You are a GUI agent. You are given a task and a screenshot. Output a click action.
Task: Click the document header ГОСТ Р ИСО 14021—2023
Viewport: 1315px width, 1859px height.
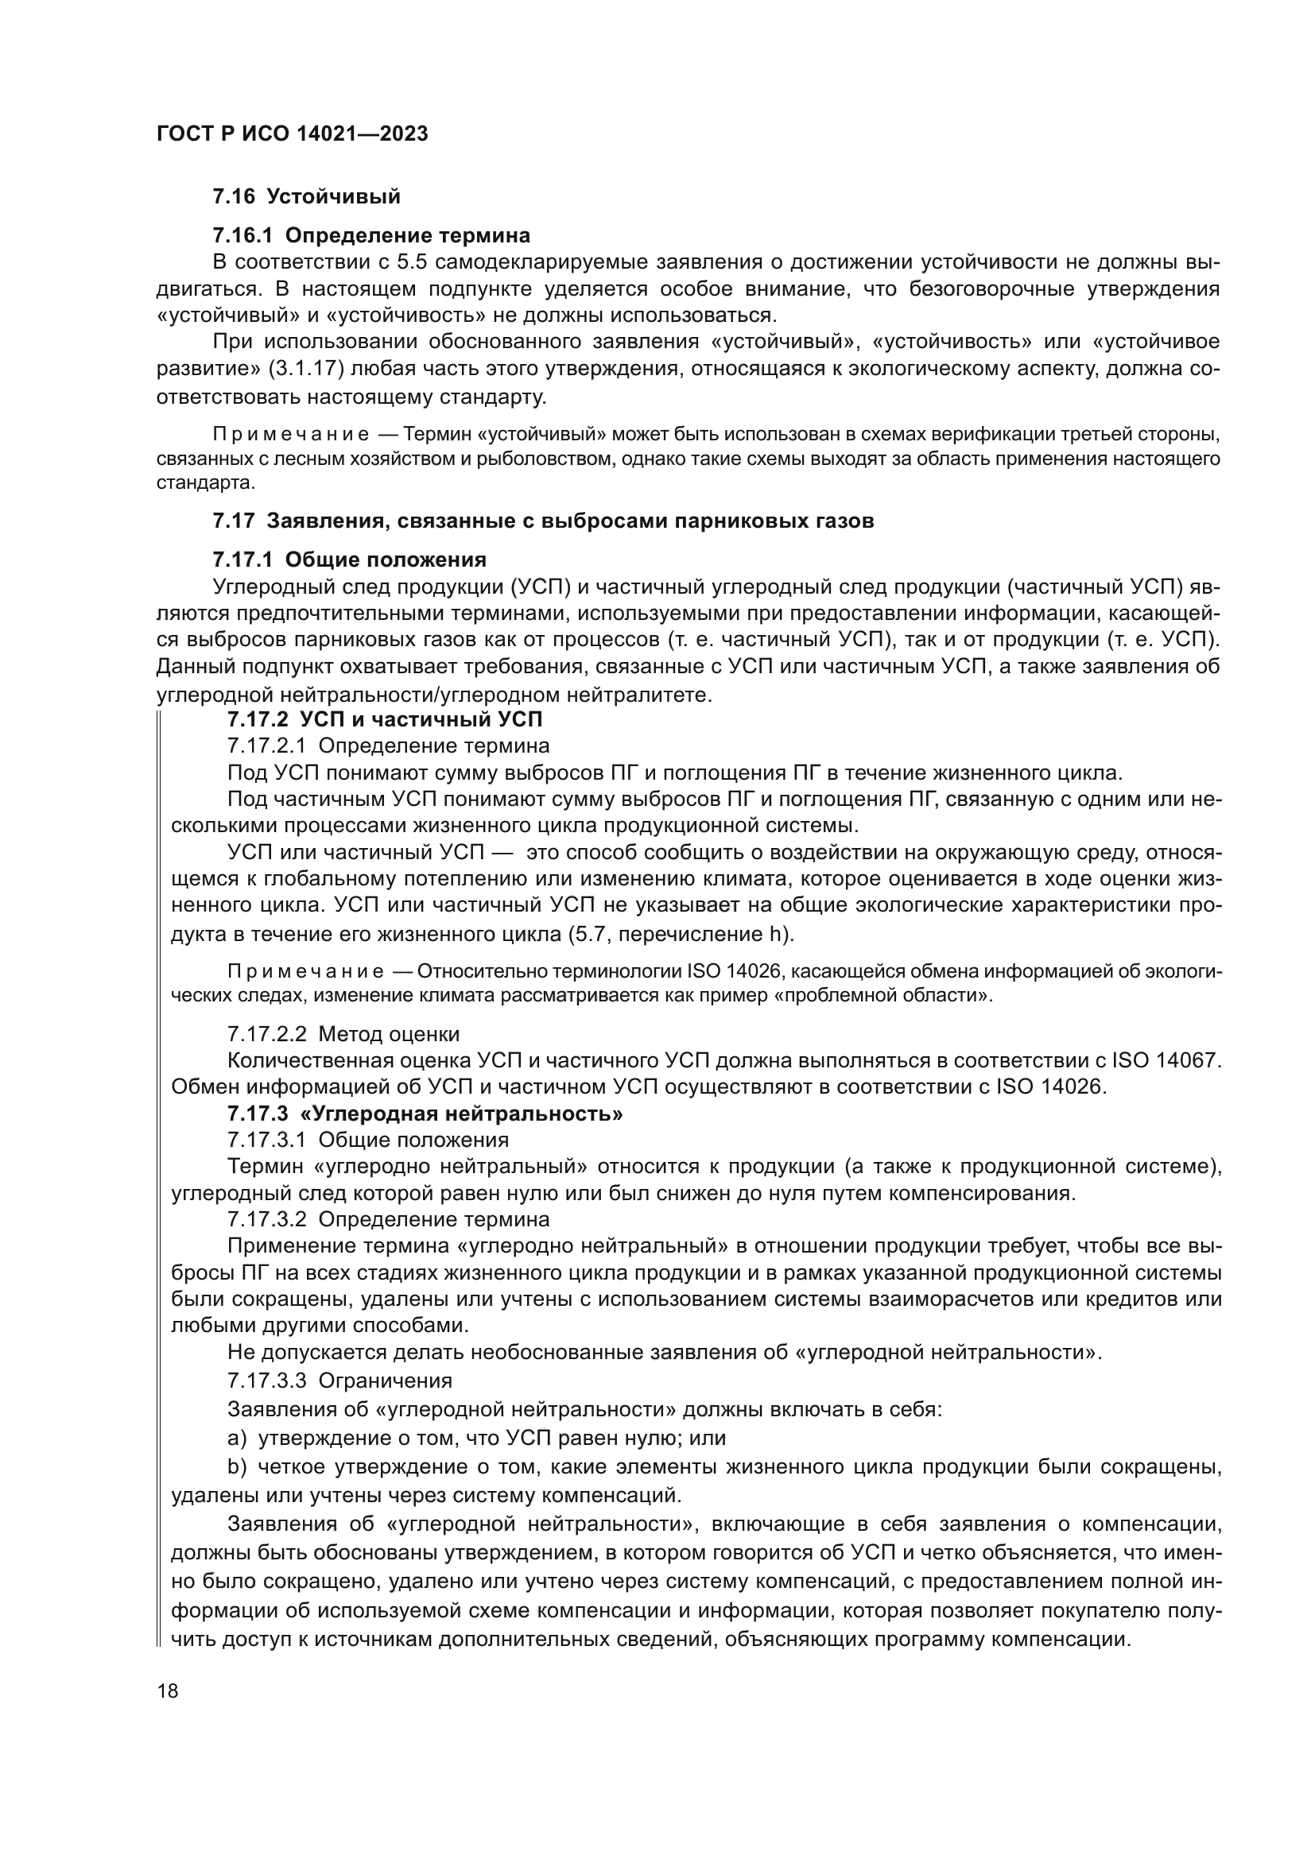tap(292, 134)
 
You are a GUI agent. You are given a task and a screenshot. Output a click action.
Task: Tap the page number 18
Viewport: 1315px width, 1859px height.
tap(168, 1691)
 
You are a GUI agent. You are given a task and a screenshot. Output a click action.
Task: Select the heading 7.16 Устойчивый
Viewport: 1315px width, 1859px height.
tap(306, 196)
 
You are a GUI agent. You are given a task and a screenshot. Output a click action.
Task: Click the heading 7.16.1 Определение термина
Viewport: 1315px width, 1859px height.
tap(370, 235)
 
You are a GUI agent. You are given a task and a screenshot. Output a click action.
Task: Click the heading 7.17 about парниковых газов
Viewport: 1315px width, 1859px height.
tap(542, 521)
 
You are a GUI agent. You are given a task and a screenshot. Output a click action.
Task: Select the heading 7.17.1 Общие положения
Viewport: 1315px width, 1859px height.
tap(349, 560)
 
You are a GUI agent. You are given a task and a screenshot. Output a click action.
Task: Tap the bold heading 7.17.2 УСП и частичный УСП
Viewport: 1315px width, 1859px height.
tap(385, 719)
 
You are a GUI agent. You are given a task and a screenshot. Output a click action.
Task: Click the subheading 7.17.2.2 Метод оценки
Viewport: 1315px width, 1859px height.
tap(343, 1034)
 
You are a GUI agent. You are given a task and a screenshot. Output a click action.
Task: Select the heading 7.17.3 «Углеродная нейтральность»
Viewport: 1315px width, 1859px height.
tap(425, 1113)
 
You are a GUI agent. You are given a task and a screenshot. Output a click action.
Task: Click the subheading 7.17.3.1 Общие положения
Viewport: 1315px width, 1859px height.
tap(367, 1140)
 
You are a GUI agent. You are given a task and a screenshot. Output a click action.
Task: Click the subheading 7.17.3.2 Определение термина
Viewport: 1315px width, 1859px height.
tap(388, 1218)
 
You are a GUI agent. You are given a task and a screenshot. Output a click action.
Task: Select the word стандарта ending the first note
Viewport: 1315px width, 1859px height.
tap(205, 484)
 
